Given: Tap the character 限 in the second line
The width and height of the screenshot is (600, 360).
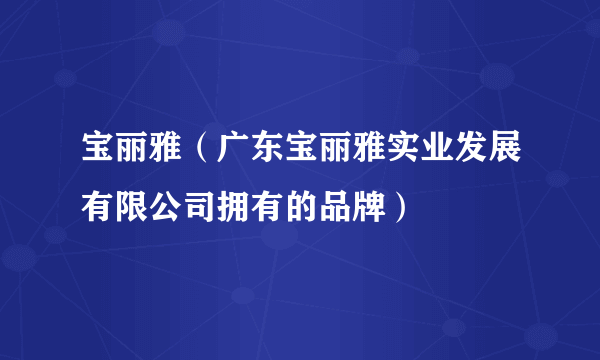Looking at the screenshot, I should click(x=129, y=205).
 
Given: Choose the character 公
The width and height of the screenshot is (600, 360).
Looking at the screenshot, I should click(x=161, y=205).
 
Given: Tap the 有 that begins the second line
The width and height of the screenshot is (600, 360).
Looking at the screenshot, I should click(x=97, y=205).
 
